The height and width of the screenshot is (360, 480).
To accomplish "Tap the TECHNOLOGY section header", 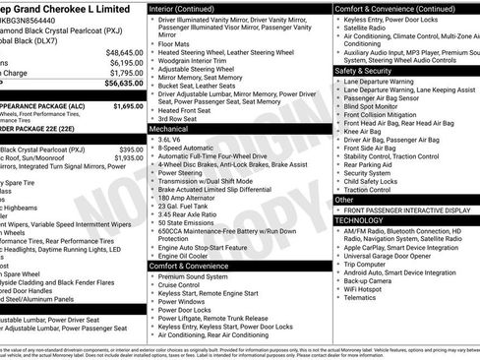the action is [364, 221].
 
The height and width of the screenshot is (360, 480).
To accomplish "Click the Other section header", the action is [345, 200].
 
